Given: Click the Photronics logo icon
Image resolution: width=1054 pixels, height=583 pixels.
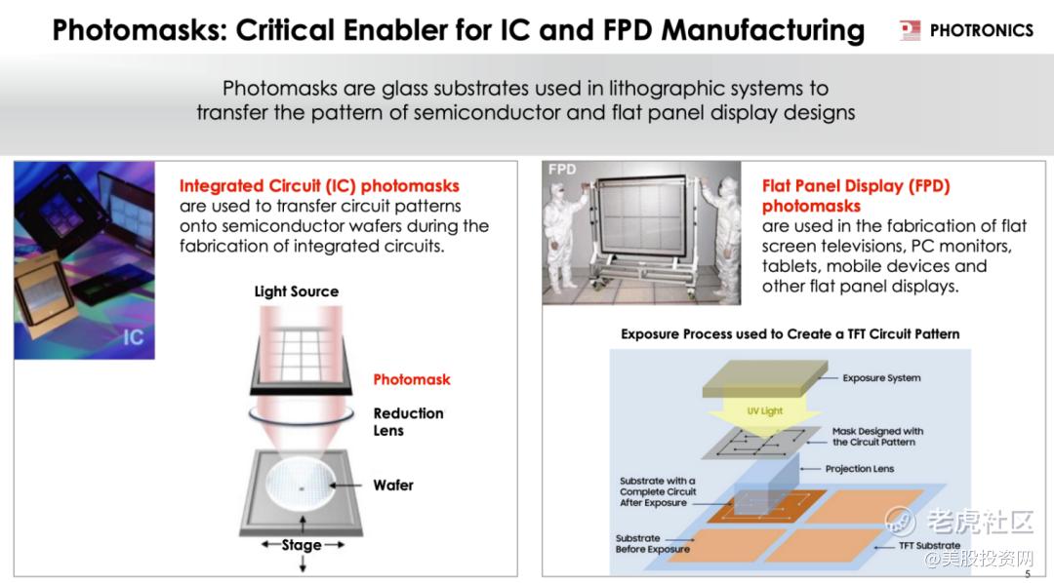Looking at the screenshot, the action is pyautogui.click(x=910, y=30).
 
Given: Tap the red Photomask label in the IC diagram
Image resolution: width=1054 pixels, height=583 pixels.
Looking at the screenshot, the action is pyautogui.click(x=412, y=379).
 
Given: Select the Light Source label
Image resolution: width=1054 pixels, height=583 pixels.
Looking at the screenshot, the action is pyautogui.click(x=297, y=291).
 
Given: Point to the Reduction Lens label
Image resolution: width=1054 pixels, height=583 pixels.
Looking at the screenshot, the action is pyautogui.click(x=408, y=422).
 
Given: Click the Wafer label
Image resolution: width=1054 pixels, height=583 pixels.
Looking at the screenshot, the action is pyautogui.click(x=393, y=485).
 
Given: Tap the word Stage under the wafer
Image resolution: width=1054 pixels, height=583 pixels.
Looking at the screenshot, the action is pyautogui.click(x=302, y=545).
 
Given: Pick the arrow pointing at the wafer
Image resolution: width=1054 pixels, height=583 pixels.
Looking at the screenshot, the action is pyautogui.click(x=346, y=485).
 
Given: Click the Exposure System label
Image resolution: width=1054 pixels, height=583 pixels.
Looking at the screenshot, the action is pyautogui.click(x=881, y=378).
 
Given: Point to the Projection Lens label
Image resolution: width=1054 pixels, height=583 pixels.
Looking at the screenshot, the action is pyautogui.click(x=860, y=469).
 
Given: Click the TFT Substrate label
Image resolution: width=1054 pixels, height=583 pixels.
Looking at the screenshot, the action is pyautogui.click(x=930, y=545).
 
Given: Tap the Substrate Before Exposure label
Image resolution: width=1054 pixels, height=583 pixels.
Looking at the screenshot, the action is pyautogui.click(x=653, y=543).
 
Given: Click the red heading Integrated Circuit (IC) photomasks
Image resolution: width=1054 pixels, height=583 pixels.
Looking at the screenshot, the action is pyautogui.click(x=319, y=186).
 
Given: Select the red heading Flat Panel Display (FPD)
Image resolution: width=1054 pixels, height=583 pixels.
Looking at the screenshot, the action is pyautogui.click(x=856, y=186).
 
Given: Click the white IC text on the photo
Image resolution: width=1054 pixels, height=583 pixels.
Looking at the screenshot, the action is pyautogui.click(x=133, y=337).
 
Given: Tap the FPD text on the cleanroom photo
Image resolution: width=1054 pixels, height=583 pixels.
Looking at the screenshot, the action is pyautogui.click(x=562, y=170).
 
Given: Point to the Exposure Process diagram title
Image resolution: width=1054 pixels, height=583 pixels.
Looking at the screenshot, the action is pyautogui.click(x=790, y=333).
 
